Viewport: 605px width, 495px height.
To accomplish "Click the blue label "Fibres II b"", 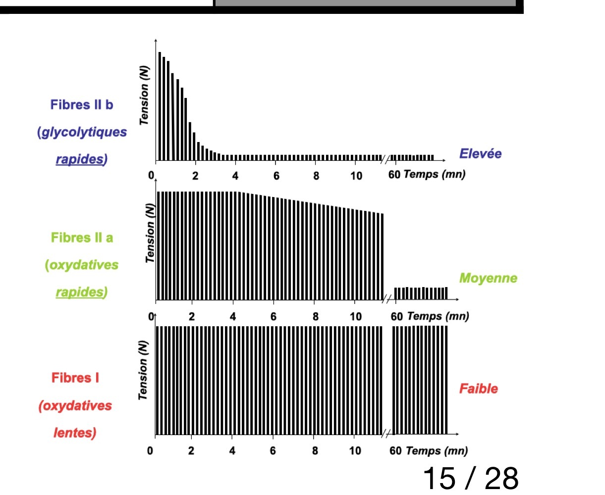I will point(82,105).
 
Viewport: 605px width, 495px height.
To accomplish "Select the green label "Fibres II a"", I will point(82,238).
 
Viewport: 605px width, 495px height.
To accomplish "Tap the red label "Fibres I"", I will point(75,378).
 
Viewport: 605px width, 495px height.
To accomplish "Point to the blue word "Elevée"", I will point(480,153).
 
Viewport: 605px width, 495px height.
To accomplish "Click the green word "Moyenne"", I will point(488,278).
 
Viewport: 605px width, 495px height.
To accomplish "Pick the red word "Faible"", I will point(478,389).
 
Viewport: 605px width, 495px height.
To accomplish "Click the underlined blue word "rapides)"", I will point(81,159).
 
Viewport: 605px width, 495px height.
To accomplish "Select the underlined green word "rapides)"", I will point(81,292).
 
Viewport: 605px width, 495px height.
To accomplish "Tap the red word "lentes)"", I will point(75,433).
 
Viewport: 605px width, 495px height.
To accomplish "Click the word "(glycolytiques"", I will point(82,132).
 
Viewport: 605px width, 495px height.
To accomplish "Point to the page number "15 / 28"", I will point(470,478).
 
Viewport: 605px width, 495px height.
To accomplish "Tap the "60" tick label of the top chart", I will point(394,175).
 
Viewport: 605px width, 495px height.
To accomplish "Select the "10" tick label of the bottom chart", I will point(355,451).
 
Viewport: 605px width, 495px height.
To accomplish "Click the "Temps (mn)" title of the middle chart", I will point(438,316).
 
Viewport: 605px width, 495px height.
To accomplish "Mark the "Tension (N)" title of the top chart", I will point(144,95).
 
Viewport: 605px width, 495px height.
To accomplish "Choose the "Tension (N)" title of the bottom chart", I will point(143,370).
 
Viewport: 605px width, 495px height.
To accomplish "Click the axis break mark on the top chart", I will point(385,159).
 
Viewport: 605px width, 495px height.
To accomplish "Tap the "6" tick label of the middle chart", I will point(273,317).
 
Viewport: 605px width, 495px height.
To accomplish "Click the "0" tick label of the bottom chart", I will point(150,451).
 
